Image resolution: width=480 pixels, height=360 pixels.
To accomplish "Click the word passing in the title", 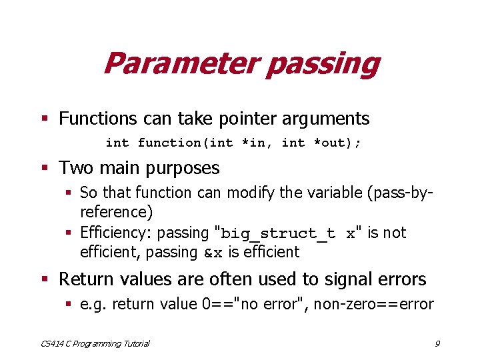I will point(323,64).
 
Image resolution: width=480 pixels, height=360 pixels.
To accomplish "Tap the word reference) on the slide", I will point(116,212).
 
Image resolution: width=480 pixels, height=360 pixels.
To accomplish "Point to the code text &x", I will point(214,253).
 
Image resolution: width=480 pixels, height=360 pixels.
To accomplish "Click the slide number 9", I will point(437,344).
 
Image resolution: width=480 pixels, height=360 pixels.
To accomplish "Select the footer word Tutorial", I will point(133,344).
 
